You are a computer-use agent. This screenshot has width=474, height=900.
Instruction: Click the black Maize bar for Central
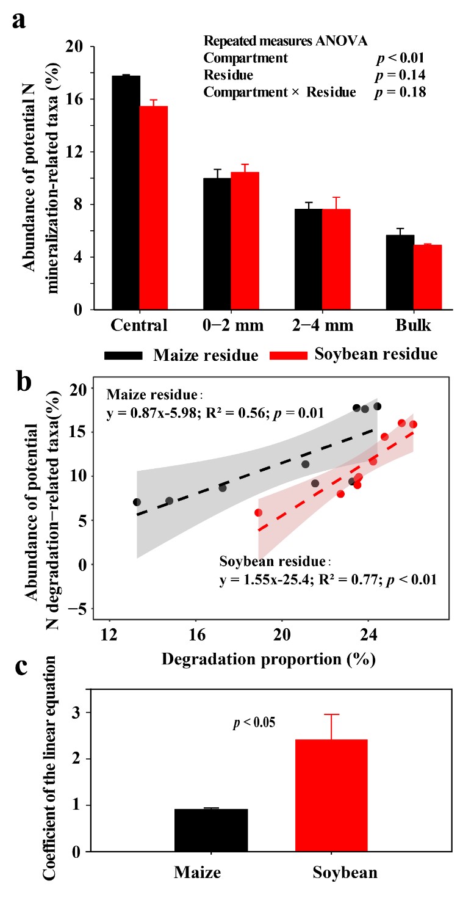point(125,192)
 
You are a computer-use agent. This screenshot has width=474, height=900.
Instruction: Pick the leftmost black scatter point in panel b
point(137,502)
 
